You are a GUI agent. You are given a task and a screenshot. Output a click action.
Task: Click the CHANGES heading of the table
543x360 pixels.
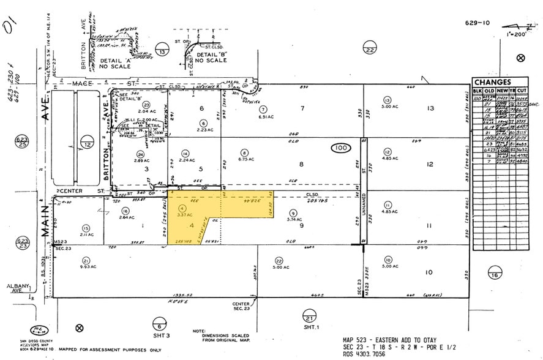(492, 82)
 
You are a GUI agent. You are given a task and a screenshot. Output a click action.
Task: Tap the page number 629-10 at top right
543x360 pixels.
(477, 23)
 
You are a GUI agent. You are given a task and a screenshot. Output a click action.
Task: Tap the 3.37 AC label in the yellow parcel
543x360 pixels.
(182, 215)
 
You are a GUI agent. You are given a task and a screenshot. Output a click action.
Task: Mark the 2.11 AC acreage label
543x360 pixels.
(85, 234)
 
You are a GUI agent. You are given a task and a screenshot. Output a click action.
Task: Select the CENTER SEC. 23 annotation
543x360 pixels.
(240, 306)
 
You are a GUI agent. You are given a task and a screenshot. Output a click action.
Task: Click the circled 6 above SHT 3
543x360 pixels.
(159, 322)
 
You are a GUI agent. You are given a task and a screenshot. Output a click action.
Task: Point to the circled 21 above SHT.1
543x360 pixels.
(310, 318)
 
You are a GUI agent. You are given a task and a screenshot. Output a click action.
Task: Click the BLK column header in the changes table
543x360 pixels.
(477, 92)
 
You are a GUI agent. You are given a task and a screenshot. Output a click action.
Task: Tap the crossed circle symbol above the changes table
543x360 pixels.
(520, 58)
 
